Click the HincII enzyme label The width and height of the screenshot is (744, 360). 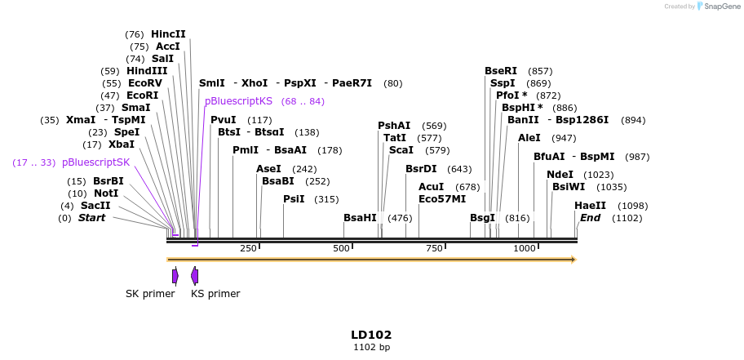(x=168, y=34)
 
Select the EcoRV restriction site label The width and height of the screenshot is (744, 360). (x=145, y=83)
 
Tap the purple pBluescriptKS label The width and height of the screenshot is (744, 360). (x=238, y=101)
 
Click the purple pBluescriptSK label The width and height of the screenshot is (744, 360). (x=95, y=162)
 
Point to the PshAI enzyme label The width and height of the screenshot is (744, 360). (x=394, y=126)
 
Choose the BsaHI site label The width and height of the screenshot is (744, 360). (x=360, y=218)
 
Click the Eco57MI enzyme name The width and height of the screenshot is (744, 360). (x=442, y=199)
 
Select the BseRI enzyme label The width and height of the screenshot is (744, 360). (x=501, y=71)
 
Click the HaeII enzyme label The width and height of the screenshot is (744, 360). (x=590, y=206)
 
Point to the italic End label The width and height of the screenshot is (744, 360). (x=590, y=218)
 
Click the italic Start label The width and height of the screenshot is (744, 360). (x=91, y=218)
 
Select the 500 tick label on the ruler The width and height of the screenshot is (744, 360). (x=342, y=248)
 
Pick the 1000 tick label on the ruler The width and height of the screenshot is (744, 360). (x=525, y=248)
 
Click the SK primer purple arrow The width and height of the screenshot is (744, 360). (x=175, y=276)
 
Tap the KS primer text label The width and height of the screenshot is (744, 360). (x=215, y=294)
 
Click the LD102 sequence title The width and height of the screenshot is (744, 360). (x=371, y=335)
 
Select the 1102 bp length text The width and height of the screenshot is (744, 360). (x=371, y=348)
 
